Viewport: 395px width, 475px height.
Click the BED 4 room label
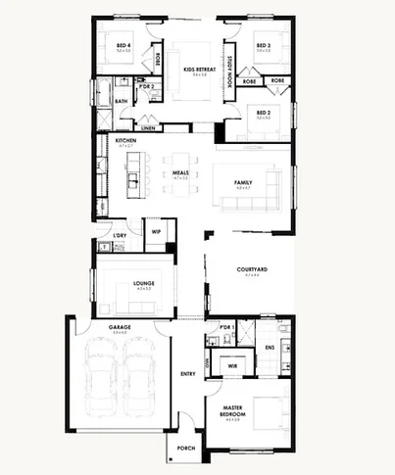(122, 46)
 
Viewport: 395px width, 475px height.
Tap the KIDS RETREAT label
(199, 71)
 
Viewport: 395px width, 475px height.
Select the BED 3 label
(264, 46)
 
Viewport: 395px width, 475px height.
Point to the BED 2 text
(264, 114)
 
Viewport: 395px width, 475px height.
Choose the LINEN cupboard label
(148, 128)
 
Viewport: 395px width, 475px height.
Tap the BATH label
(122, 101)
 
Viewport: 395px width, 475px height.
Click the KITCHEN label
(125, 141)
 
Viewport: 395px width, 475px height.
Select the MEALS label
(180, 173)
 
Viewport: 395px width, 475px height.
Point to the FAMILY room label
(243, 183)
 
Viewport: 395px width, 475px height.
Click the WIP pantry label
(156, 232)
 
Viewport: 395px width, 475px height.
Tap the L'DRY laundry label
(120, 236)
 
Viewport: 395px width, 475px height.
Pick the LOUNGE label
(144, 284)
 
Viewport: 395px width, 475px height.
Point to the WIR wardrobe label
(233, 365)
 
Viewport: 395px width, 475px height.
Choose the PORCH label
(186, 449)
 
